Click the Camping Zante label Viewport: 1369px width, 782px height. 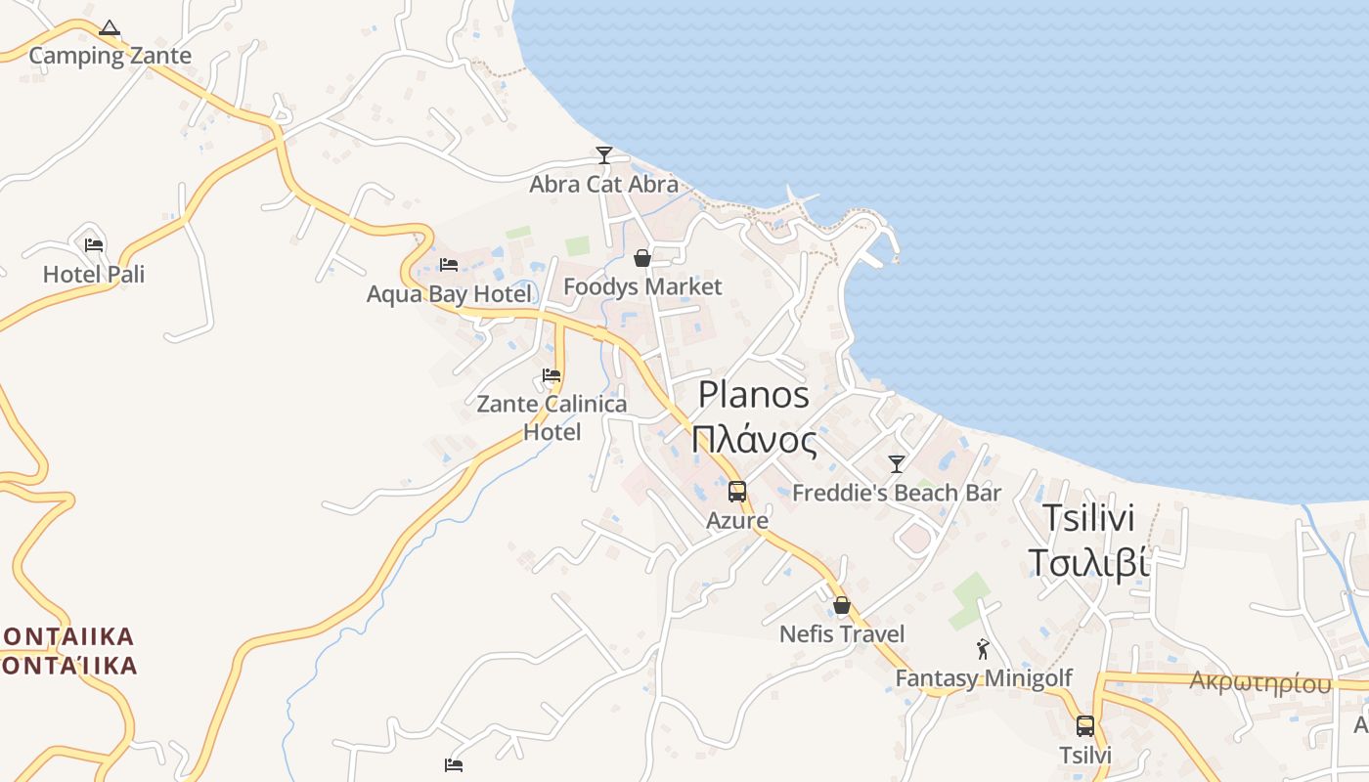(x=110, y=56)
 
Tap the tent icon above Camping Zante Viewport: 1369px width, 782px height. (x=110, y=28)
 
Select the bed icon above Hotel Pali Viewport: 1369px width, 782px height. (x=94, y=245)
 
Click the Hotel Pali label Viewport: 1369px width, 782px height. (x=94, y=275)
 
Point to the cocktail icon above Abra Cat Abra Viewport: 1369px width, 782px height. (x=604, y=155)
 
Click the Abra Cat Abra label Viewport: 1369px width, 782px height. (x=604, y=184)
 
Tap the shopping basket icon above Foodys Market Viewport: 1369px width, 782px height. (x=642, y=258)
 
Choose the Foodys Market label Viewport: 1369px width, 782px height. (x=642, y=286)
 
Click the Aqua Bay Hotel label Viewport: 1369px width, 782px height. (x=449, y=294)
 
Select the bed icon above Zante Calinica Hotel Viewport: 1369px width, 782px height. (x=552, y=375)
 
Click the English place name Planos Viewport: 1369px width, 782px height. (x=754, y=395)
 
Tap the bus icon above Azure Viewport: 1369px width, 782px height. (x=737, y=492)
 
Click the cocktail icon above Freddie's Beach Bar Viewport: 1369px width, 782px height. (x=897, y=463)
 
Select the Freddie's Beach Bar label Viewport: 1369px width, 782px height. (x=897, y=493)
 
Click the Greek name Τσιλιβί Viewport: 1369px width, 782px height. (x=1087, y=563)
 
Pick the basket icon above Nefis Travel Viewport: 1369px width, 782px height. (x=842, y=606)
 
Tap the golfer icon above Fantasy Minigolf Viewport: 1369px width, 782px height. (x=984, y=649)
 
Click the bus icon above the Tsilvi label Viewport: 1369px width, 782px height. (x=1085, y=726)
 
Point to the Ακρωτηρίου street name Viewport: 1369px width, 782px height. (x=1260, y=682)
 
